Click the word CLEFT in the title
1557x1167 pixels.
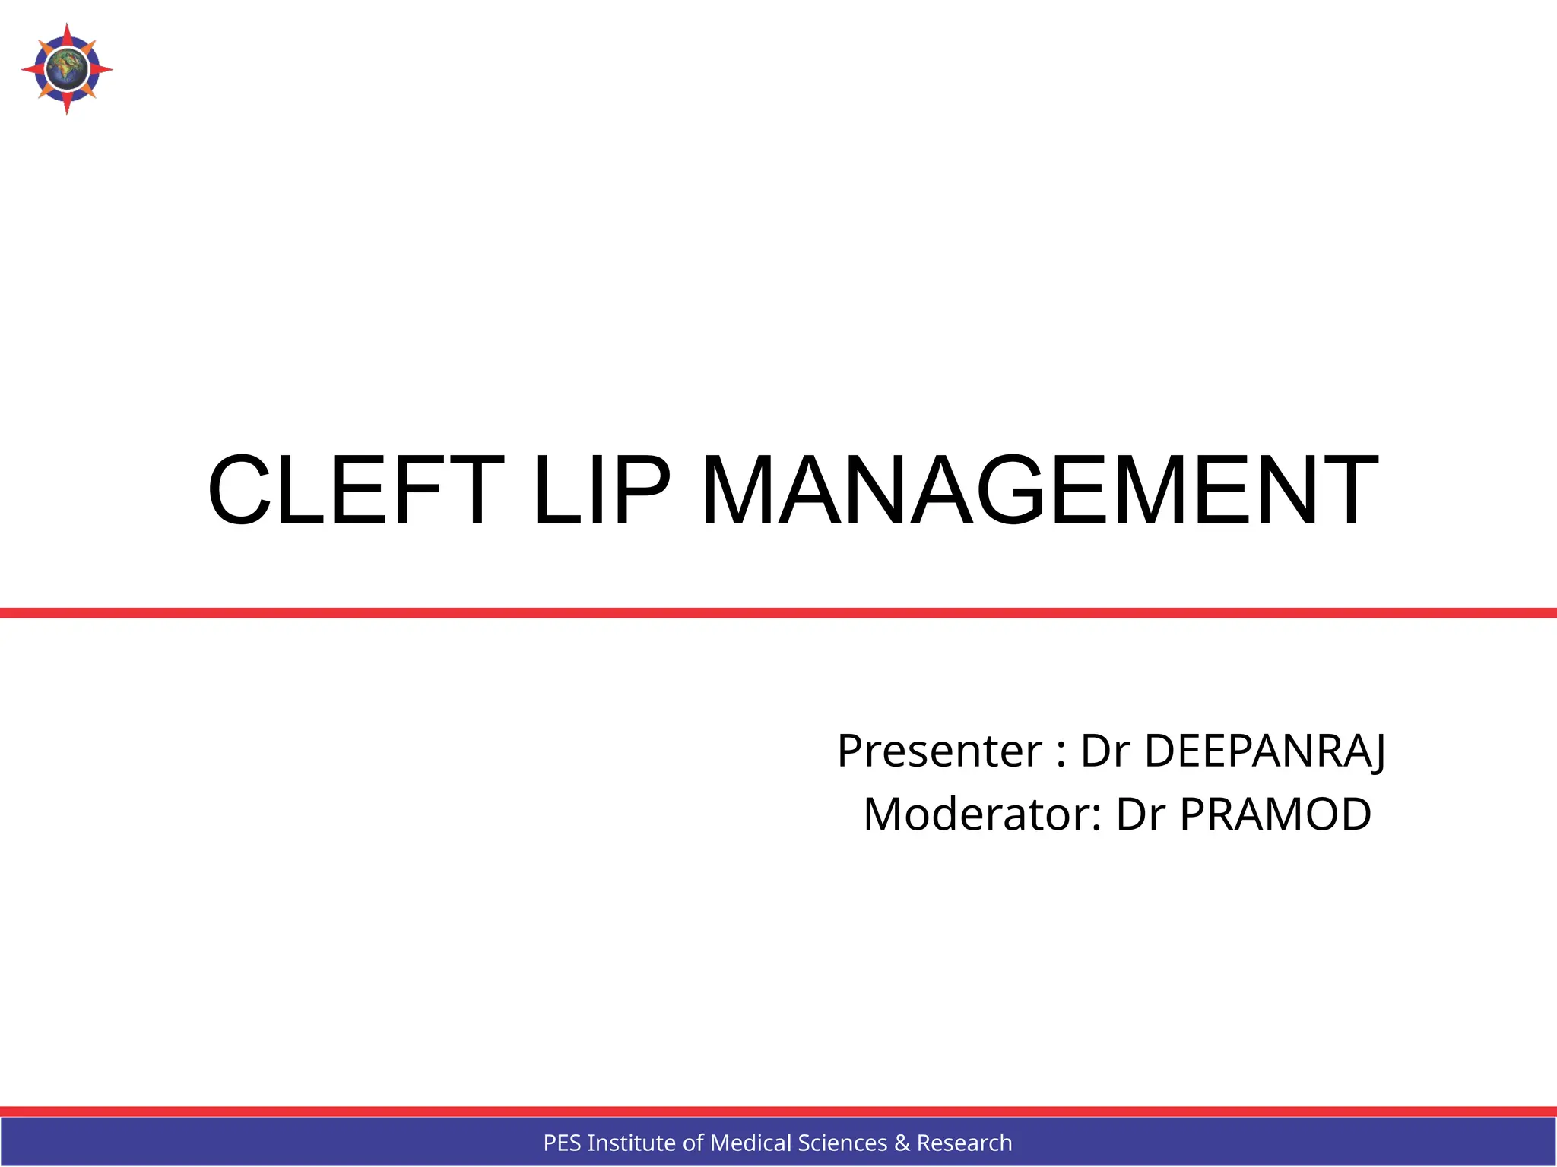pyautogui.click(x=356, y=490)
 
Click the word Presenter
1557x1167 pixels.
pyautogui.click(x=940, y=751)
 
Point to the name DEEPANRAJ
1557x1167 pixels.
pyautogui.click(x=1265, y=751)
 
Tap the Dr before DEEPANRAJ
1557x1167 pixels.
pyautogui.click(x=1105, y=751)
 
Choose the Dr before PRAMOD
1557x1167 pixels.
pyautogui.click(x=1140, y=814)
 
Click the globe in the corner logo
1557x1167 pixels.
pyautogui.click(x=67, y=69)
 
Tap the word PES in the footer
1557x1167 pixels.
pyautogui.click(x=563, y=1143)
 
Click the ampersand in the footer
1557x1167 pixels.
pyautogui.click(x=902, y=1143)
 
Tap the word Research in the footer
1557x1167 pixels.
pyautogui.click(x=964, y=1143)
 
